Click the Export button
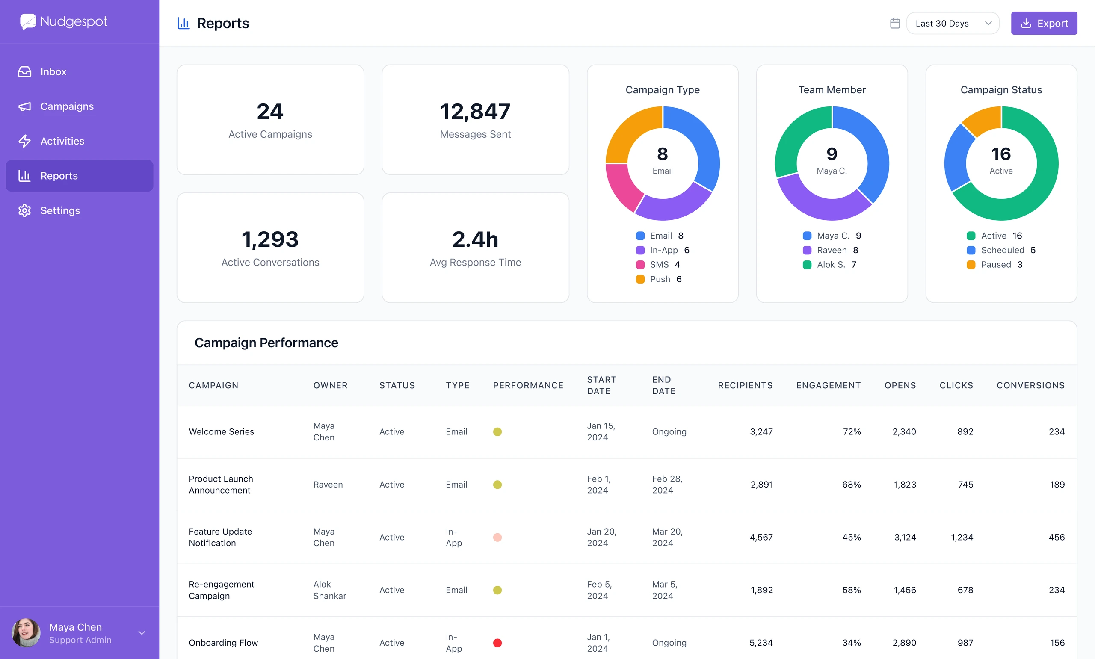(x=1044, y=23)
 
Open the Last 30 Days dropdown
(x=953, y=23)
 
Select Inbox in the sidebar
(x=53, y=71)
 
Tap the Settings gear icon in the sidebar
(x=24, y=210)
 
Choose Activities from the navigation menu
(x=62, y=141)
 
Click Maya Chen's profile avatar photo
(x=26, y=633)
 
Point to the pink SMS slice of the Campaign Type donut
(x=622, y=186)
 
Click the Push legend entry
(x=659, y=279)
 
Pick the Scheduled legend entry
(x=1001, y=250)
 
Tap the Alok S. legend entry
(x=829, y=265)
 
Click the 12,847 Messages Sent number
(x=475, y=112)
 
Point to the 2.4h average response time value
(x=475, y=239)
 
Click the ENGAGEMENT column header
(x=828, y=385)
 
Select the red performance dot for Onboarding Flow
(x=497, y=643)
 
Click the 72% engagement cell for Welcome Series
(x=852, y=431)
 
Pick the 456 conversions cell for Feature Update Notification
(x=1057, y=537)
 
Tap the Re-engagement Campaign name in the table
(x=221, y=590)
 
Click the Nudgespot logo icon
(x=28, y=21)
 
